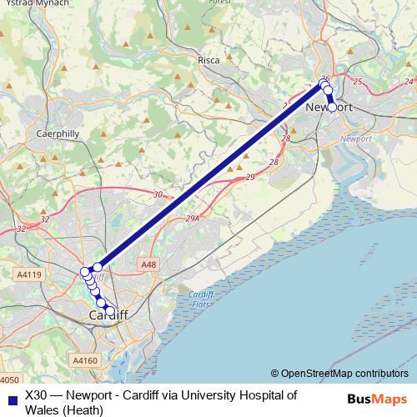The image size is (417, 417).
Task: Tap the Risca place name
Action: (208, 60)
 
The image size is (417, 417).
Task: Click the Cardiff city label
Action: (108, 315)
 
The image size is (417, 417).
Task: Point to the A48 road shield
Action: (148, 264)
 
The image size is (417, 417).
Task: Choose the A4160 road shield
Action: (84, 360)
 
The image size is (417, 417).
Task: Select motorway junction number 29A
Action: (193, 219)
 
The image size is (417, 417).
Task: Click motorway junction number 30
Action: (158, 194)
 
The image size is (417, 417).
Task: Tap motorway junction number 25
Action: (358, 81)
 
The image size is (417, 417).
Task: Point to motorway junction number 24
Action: (408, 81)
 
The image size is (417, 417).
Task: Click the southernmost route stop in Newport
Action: (332, 107)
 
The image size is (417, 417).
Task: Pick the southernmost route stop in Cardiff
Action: (110, 311)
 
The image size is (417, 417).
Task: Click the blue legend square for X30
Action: (10, 399)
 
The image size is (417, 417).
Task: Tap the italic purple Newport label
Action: (356, 138)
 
